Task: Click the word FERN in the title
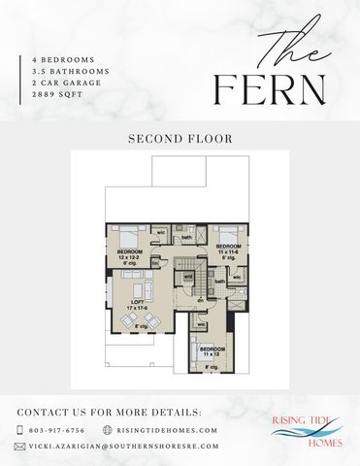[271, 90]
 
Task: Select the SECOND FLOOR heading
[180, 139]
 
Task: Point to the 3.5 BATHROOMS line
[69, 72]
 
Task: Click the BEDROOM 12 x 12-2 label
[130, 254]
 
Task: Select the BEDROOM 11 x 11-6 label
[228, 250]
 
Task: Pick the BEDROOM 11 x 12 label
[213, 350]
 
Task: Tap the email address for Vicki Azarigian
[121, 447]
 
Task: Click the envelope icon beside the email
[19, 447]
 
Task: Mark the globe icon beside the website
[108, 430]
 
